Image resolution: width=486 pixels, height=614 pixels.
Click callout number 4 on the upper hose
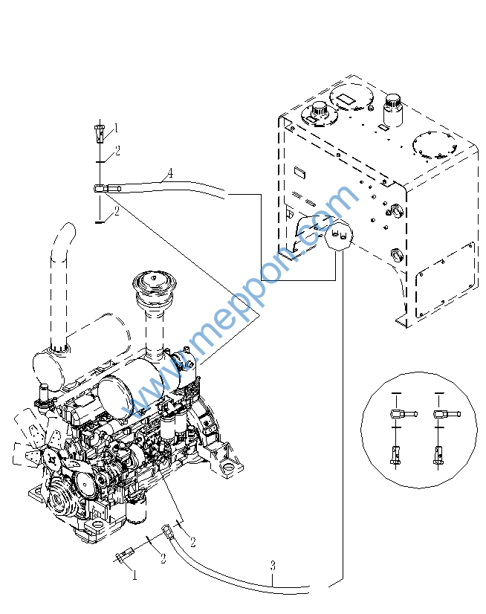click(x=170, y=173)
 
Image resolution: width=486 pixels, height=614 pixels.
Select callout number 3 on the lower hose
click(x=273, y=566)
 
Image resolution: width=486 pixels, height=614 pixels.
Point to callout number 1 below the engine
click(x=135, y=575)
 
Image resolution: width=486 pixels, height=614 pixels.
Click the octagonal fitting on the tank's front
click(x=339, y=238)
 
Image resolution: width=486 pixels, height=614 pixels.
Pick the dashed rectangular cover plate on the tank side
click(x=444, y=277)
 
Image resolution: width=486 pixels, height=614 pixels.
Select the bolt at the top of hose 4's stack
click(x=100, y=134)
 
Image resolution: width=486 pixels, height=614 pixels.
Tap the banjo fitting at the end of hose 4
click(x=104, y=189)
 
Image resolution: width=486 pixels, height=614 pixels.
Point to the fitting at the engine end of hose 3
click(x=169, y=531)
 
